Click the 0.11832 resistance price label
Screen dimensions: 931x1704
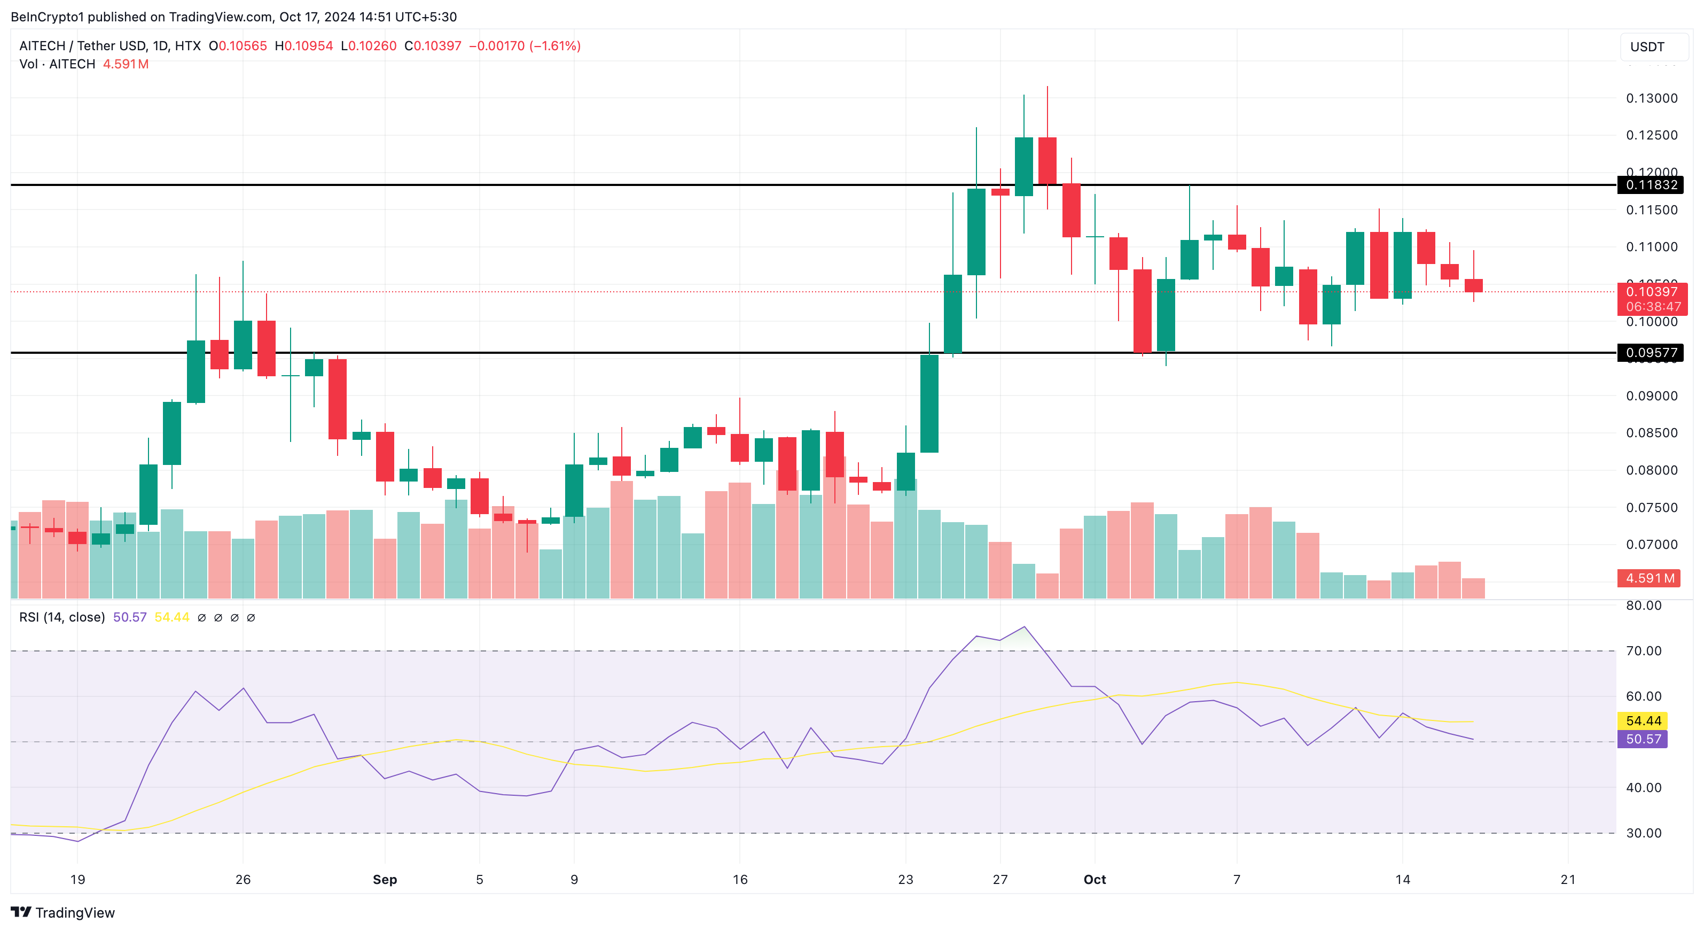tap(1651, 184)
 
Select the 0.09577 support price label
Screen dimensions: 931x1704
tap(1651, 353)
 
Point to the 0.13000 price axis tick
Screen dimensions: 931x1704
tap(1651, 98)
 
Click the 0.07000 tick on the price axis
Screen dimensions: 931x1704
tap(1651, 545)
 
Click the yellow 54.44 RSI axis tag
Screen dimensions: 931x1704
tap(1643, 720)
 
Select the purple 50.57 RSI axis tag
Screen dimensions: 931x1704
tap(1643, 739)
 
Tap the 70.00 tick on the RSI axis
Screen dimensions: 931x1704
tap(1643, 651)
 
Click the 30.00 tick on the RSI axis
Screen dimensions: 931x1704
tap(1643, 833)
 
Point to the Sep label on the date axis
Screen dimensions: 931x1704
tap(385, 879)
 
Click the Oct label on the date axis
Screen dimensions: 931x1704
tap(1095, 879)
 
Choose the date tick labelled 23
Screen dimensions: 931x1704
tap(905, 879)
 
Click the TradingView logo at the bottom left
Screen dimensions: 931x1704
tap(64, 912)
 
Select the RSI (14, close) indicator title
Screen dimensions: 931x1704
tap(62, 617)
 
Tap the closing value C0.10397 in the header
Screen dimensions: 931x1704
tap(433, 45)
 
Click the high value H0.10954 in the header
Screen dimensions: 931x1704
tap(304, 45)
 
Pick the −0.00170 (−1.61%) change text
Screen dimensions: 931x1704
tap(525, 45)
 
